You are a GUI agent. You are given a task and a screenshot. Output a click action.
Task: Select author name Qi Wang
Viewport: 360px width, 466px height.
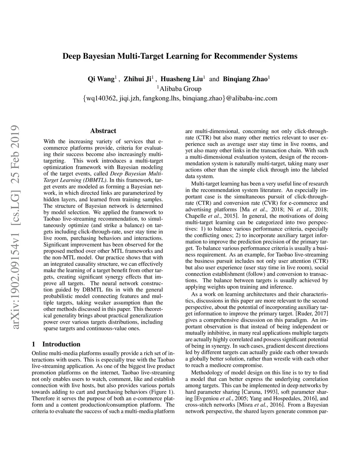(101, 79)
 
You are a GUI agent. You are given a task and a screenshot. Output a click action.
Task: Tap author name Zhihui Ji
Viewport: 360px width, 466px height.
(137, 79)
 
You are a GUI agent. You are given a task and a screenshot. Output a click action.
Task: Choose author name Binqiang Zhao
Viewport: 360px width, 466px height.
(245, 79)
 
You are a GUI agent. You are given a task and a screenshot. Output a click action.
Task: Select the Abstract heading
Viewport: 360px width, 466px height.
(103, 131)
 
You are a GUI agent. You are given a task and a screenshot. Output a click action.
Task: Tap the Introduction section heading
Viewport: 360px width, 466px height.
(61, 344)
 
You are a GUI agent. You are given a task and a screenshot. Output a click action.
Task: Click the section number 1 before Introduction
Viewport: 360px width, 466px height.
(33, 344)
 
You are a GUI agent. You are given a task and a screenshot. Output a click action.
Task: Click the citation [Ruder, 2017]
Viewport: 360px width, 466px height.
(312, 313)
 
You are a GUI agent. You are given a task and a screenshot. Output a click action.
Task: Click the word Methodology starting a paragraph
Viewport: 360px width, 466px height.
(208, 372)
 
